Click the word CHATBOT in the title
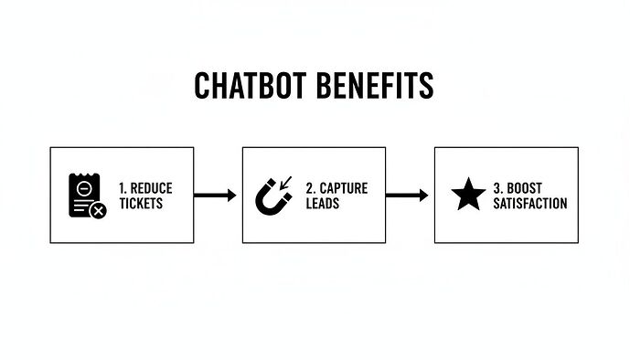(247, 87)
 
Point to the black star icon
(469, 195)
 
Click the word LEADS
(321, 203)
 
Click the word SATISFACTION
(529, 203)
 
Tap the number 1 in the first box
(122, 188)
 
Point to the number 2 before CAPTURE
(311, 188)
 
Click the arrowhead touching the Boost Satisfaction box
(423, 195)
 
